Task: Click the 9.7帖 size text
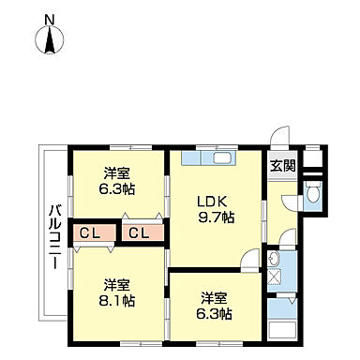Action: tap(216, 217)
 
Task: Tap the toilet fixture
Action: tap(314, 196)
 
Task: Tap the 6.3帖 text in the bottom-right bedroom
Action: tap(214, 314)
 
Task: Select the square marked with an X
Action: tap(275, 277)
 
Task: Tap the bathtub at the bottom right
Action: tap(281, 329)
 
